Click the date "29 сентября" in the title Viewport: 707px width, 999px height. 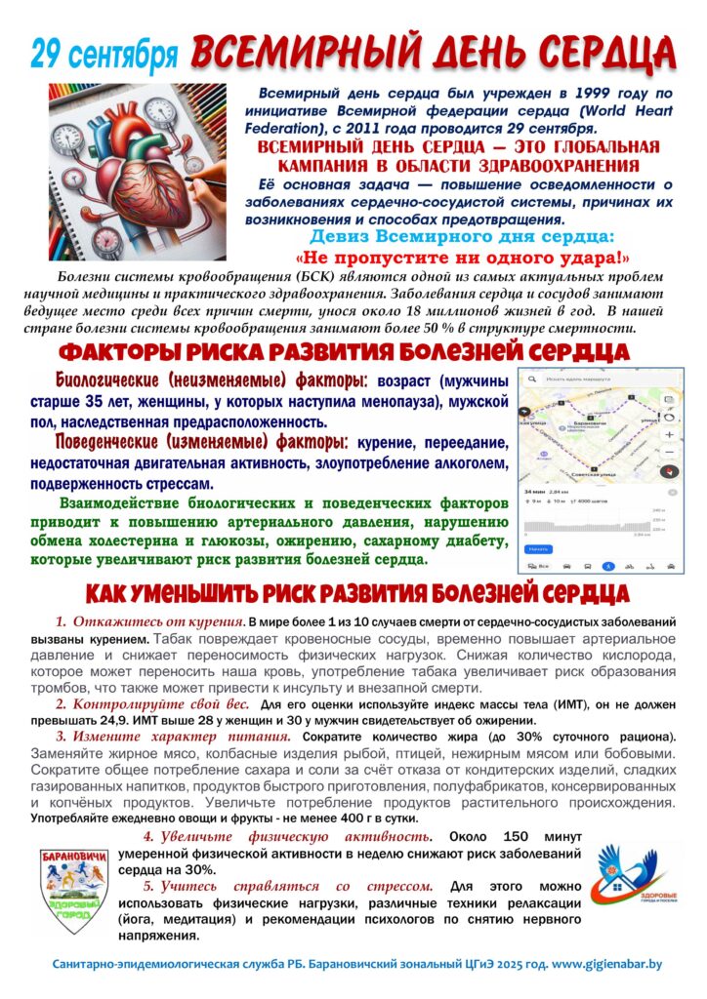(104, 56)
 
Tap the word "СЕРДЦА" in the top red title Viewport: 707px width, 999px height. (601, 51)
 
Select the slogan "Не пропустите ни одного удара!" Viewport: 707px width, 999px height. (462, 259)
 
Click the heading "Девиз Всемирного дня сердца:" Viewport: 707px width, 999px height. (462, 237)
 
